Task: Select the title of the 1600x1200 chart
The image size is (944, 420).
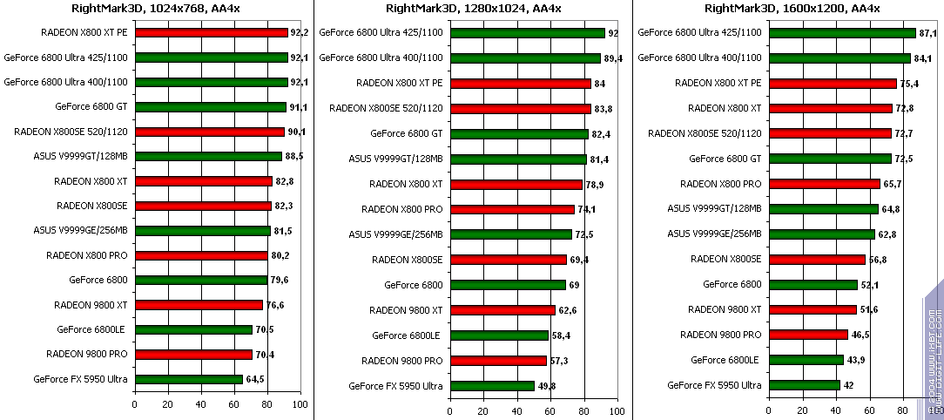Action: click(x=792, y=9)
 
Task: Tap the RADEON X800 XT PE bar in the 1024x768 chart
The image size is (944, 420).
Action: click(x=211, y=33)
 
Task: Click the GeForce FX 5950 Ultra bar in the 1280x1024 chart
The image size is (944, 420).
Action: click(x=492, y=386)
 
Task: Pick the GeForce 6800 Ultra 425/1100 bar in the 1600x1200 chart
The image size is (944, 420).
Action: click(x=841, y=33)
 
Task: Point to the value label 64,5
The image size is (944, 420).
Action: click(x=255, y=380)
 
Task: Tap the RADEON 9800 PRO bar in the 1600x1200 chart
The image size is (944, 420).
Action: click(x=807, y=335)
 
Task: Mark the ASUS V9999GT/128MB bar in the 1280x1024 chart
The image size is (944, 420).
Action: click(x=518, y=159)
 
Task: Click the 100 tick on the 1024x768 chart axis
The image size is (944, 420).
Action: click(x=300, y=405)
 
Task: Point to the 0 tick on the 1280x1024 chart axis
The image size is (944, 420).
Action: click(x=450, y=410)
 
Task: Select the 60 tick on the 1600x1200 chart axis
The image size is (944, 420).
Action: click(x=868, y=410)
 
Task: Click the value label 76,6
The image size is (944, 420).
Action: click(x=275, y=305)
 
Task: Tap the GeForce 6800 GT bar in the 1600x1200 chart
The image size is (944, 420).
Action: click(x=830, y=159)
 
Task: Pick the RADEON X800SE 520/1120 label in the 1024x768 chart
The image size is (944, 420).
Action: click(x=71, y=132)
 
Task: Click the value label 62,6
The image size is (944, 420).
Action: click(x=568, y=310)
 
